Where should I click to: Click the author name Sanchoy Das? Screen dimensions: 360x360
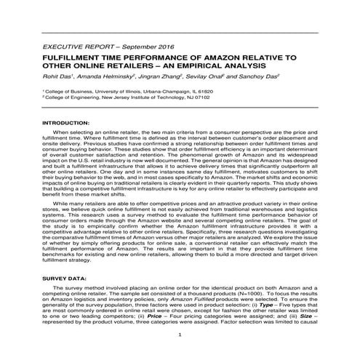[252, 76]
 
